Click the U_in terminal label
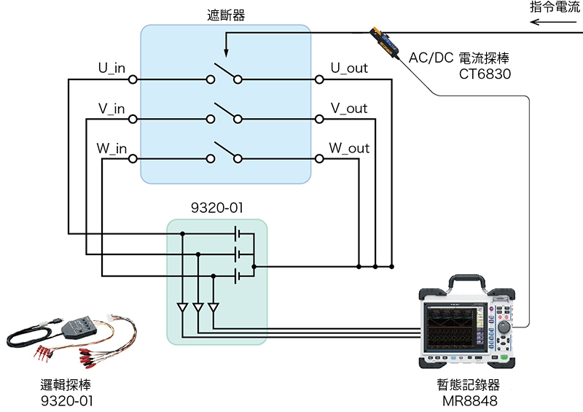coord(111,69)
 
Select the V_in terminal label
coord(111,109)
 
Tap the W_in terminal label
coord(111,149)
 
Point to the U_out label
coord(349,69)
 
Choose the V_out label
coord(349,109)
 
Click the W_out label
coord(349,149)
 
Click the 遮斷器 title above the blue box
coord(225,15)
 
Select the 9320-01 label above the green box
coord(216,208)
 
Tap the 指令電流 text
coord(555,8)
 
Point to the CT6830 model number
coord(485,74)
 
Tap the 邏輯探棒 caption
coord(66,384)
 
